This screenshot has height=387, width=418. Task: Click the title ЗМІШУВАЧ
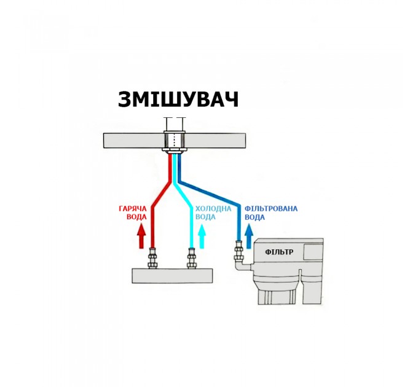178,100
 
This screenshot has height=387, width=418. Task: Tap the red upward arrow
141,237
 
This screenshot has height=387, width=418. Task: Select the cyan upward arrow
202,237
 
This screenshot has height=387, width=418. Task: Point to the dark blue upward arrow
249,237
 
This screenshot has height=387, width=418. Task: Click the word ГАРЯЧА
133,208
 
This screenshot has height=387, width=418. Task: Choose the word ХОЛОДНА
213,208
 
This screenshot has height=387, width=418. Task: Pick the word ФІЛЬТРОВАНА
271,208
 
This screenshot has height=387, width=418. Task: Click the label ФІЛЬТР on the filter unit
279,252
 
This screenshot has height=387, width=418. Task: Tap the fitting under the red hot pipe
152,258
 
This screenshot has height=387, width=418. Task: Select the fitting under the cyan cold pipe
191,258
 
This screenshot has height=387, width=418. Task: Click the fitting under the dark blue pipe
239,251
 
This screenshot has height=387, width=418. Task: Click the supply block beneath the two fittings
173,276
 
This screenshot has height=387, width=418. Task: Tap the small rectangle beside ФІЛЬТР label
313,252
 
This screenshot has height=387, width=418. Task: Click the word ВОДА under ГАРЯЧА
136,217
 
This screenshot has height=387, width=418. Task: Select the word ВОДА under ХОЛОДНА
205,217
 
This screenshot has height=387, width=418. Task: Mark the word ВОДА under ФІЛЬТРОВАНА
255,217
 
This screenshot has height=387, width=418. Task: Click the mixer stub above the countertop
175,124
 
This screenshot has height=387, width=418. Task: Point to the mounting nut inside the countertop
175,142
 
